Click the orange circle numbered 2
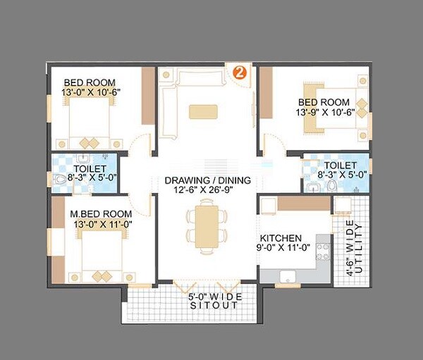point(240,72)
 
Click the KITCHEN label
point(281,238)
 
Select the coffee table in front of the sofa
point(203,111)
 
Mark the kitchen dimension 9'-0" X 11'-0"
point(281,248)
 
